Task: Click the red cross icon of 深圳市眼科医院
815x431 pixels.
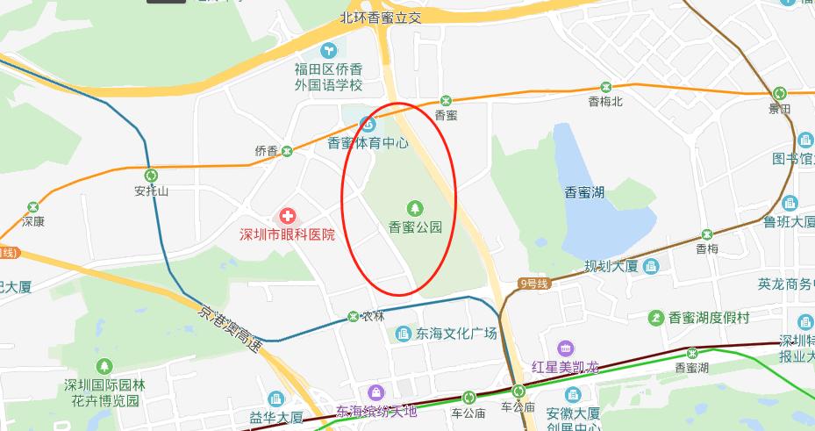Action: [x=287, y=215]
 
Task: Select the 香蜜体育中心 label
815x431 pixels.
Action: [x=368, y=142]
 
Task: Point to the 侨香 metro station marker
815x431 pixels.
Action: [x=286, y=151]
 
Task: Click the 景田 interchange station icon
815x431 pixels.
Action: [x=779, y=94]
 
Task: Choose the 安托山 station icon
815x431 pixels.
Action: [x=151, y=175]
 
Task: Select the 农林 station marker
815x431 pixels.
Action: [x=353, y=315]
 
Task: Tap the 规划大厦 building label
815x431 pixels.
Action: [x=611, y=266]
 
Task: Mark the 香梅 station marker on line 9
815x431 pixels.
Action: [x=706, y=234]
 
